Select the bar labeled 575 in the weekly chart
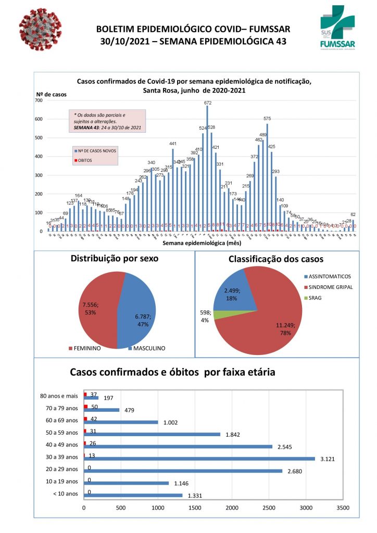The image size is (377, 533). pyautogui.click(x=267, y=177)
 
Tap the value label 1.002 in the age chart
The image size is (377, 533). pyautogui.click(x=170, y=422)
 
